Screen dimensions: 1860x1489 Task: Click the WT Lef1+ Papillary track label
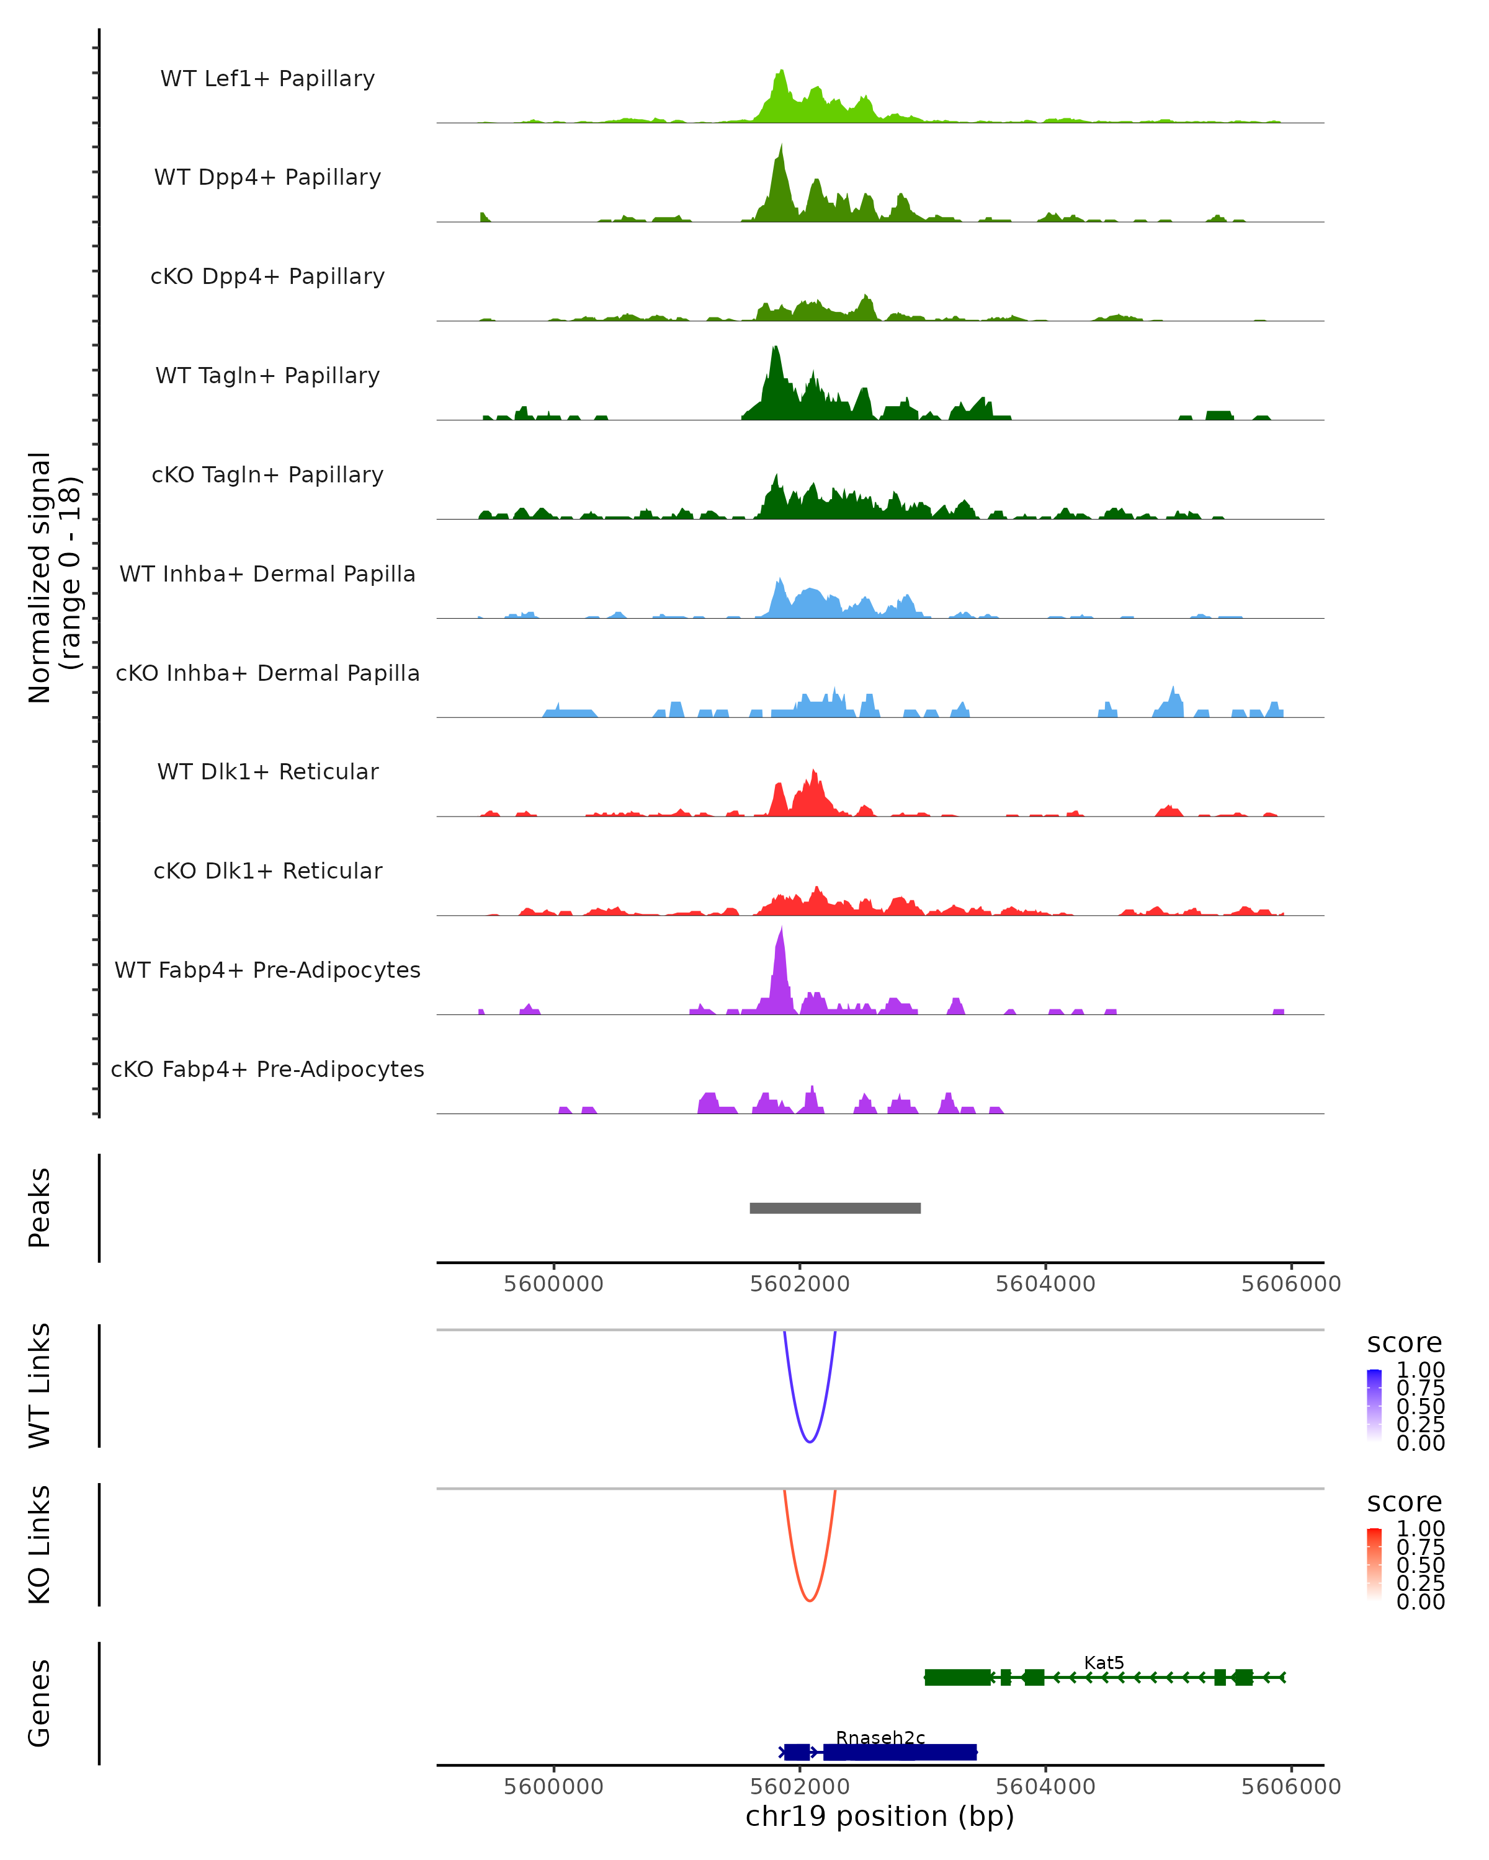(x=267, y=79)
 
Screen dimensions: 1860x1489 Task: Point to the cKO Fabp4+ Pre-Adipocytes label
(x=267, y=1069)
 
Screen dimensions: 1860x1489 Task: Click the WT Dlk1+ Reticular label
(x=267, y=771)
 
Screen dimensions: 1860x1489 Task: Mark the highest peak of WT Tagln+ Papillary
(x=775, y=350)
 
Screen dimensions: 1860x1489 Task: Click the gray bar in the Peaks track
(x=834, y=1208)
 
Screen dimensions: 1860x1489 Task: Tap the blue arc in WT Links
(x=810, y=1441)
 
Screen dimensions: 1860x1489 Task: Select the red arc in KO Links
(x=810, y=1600)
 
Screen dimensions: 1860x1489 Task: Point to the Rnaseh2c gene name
(x=880, y=1737)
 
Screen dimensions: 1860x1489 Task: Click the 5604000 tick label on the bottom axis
(x=1045, y=1787)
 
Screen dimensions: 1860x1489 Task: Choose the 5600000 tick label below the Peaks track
(x=553, y=1284)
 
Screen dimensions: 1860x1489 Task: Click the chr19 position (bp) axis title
(x=880, y=1817)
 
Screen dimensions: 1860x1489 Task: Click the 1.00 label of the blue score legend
(x=1421, y=1370)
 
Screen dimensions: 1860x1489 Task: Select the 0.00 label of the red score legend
(x=1421, y=1602)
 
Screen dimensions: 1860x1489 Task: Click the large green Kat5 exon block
(x=957, y=1677)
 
